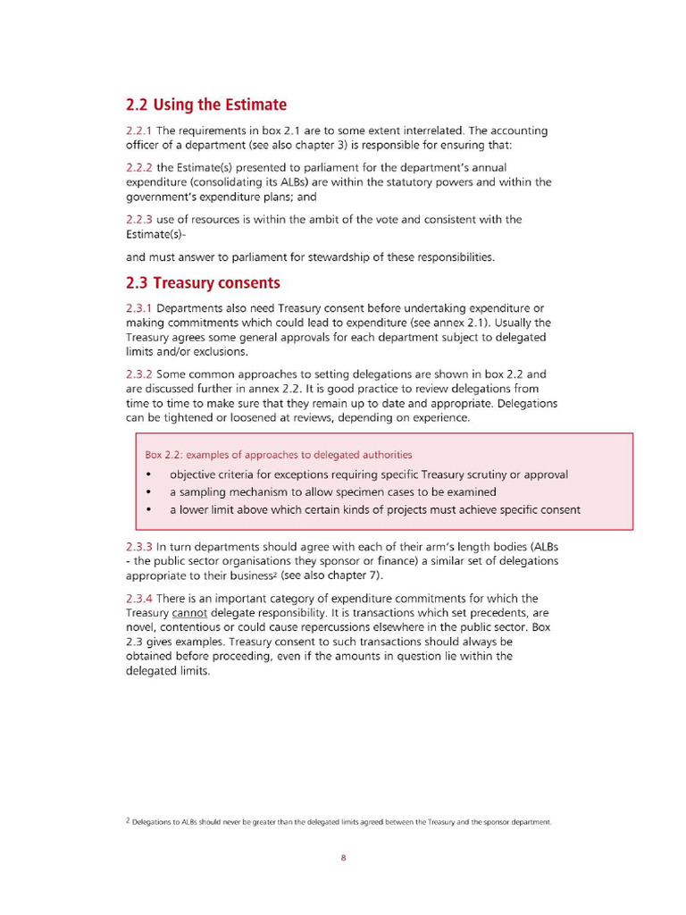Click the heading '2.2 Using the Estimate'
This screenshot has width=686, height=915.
205,105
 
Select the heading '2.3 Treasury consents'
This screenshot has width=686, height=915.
203,283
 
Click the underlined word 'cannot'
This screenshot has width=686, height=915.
189,613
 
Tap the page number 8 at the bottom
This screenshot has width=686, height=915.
343,858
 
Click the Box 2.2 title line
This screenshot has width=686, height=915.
279,455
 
